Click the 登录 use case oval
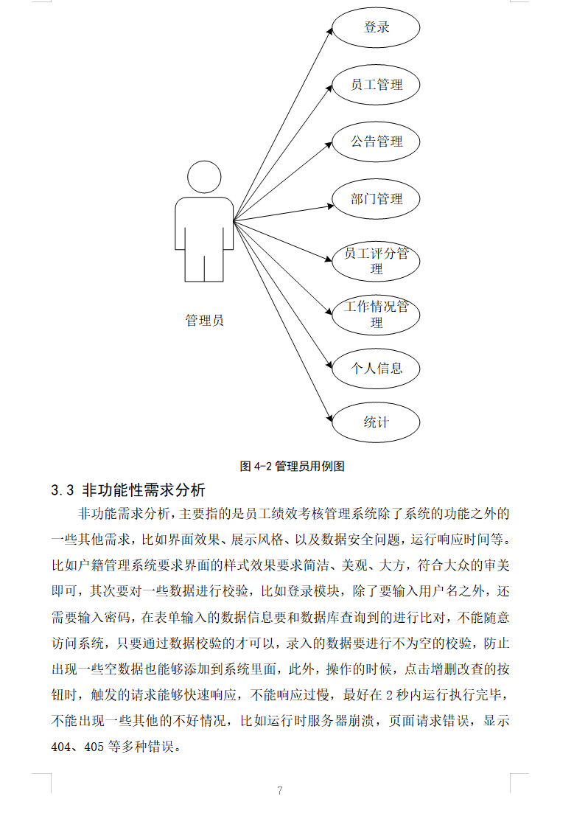376,28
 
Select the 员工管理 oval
376,85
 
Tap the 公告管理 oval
376,142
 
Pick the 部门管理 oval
376,199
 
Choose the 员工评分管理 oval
376,260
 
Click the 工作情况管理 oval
376,314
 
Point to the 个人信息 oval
376,368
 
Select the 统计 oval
376,422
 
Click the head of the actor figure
204,178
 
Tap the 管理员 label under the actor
204,321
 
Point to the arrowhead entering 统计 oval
329,418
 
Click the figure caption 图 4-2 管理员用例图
292,466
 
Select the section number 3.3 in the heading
63,490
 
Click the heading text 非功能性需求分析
144,490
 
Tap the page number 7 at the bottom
280,791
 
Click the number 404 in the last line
61,746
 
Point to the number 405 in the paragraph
94,746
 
